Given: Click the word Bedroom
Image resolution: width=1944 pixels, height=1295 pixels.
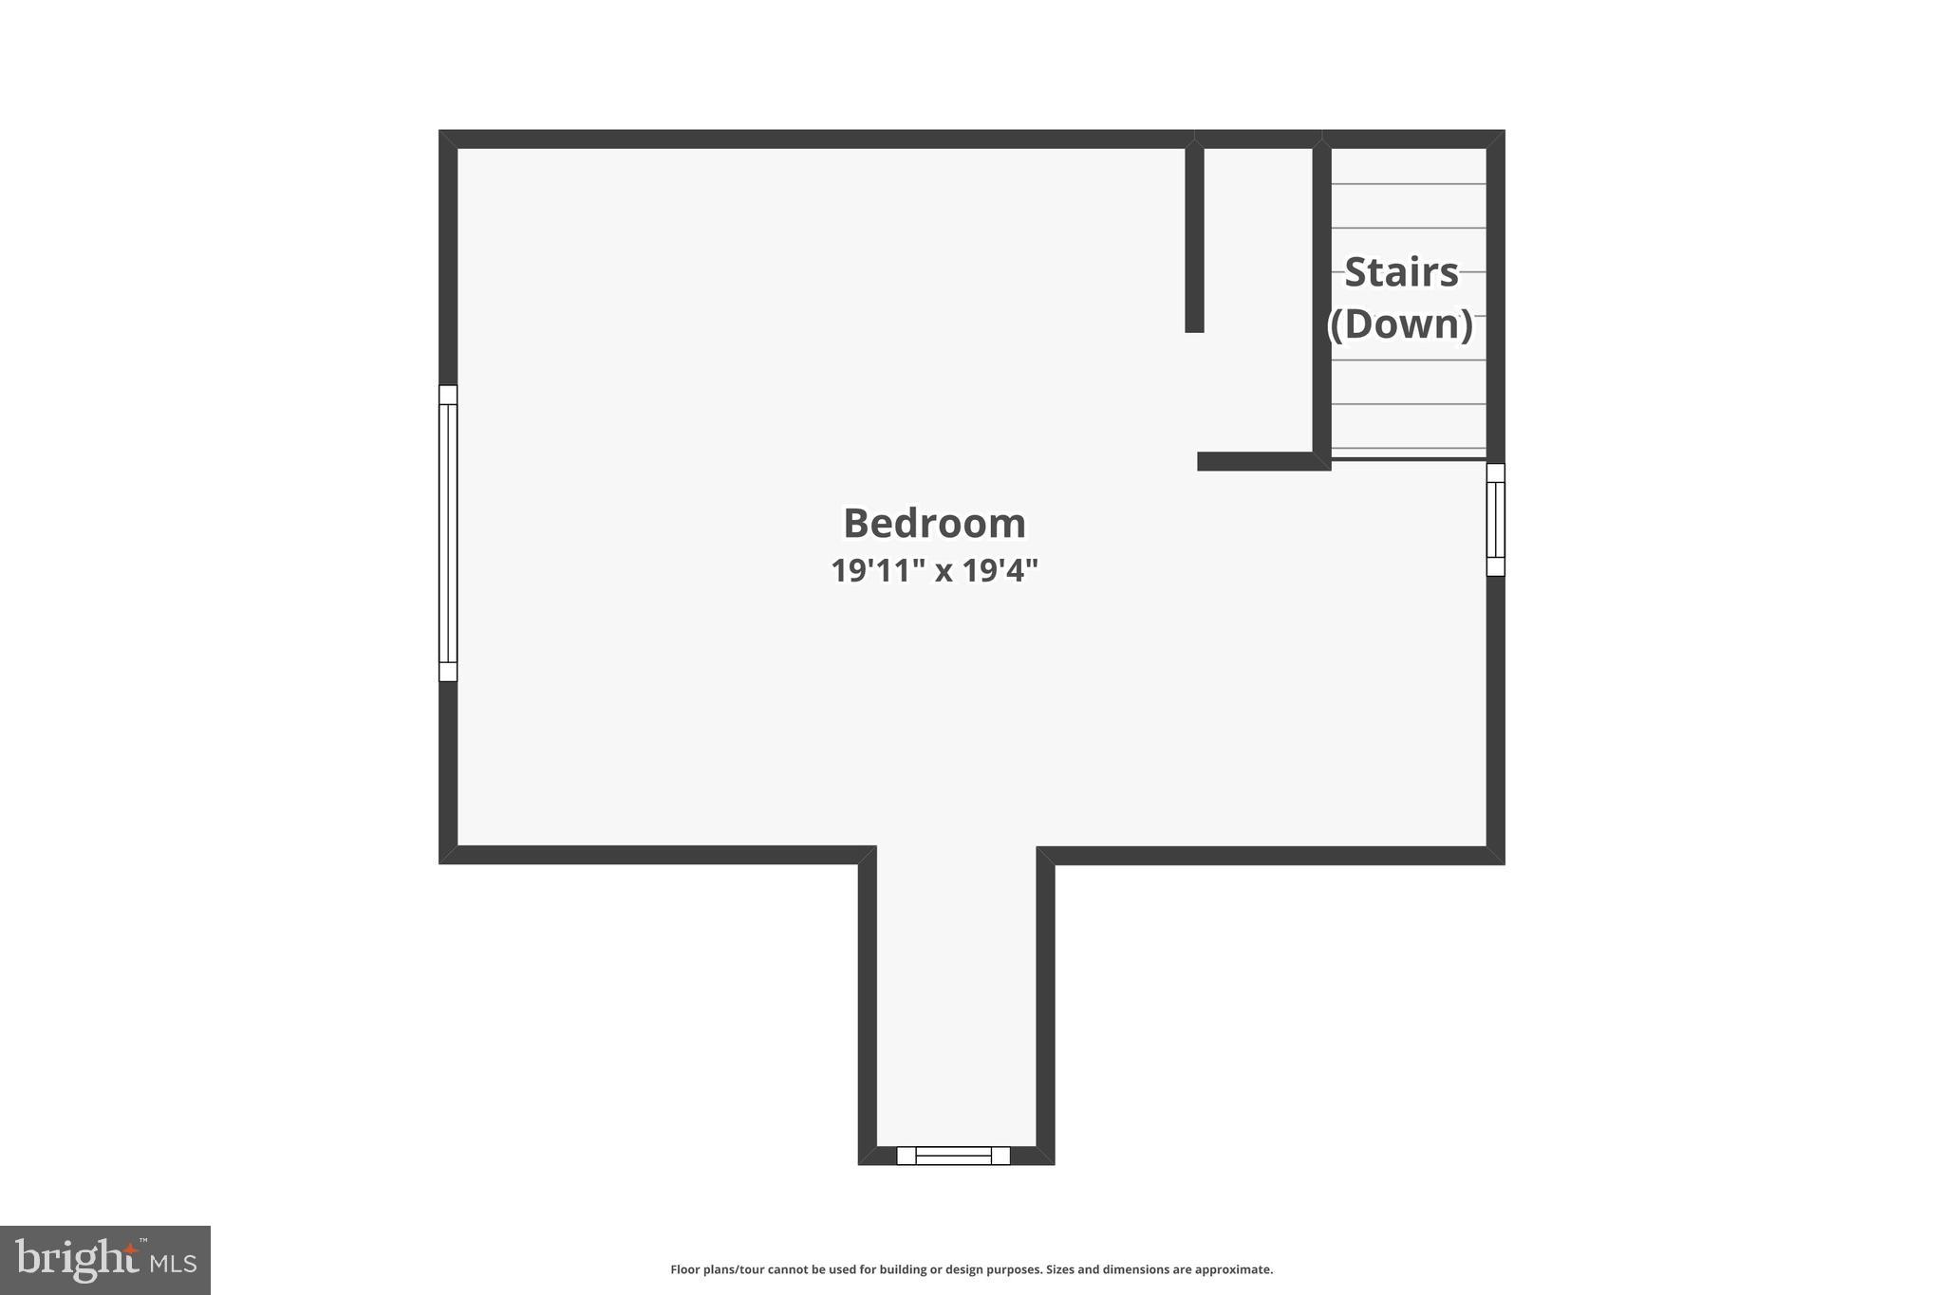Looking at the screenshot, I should [x=934, y=524].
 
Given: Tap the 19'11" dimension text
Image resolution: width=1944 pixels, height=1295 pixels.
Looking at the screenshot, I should [x=878, y=570].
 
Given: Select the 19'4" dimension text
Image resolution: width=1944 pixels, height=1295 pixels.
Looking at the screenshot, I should [x=1000, y=570].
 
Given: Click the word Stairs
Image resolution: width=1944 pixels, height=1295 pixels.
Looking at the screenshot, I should [x=1401, y=273].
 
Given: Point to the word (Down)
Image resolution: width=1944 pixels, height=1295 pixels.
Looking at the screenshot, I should [x=1400, y=324].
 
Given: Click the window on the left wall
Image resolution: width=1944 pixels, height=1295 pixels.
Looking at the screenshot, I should [x=448, y=533].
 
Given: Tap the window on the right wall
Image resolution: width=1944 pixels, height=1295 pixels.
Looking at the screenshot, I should [x=1495, y=520].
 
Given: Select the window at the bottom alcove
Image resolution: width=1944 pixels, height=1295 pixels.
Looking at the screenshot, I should [x=953, y=1156].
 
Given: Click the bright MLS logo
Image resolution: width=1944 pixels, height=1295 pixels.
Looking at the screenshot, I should [x=104, y=1260].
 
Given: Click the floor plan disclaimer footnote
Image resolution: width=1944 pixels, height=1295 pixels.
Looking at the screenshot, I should [x=971, y=1269].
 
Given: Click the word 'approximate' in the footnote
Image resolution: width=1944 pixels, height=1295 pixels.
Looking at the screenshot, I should [x=1232, y=1269].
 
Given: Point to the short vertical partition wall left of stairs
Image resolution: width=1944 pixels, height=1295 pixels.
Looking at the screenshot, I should [x=1194, y=237].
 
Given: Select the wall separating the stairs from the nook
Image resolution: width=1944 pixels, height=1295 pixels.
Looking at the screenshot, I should [x=1321, y=299].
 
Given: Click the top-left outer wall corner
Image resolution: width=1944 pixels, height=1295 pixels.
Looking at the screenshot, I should [x=448, y=139].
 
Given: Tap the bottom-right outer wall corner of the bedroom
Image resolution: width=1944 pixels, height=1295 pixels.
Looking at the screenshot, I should [x=1495, y=855].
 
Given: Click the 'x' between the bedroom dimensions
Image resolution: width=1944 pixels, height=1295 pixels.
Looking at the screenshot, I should [x=944, y=571].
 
